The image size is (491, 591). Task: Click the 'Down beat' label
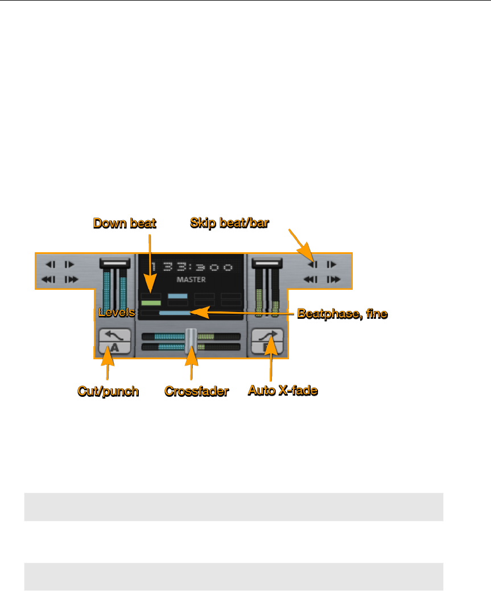[125, 223]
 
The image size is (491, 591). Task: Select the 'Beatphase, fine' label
[343, 313]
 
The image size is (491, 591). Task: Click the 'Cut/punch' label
[108, 391]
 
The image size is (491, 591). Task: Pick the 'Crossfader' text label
[196, 391]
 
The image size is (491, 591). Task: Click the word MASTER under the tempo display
[191, 280]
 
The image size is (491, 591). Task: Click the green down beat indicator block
[151, 303]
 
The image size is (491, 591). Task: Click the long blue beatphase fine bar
[174, 313]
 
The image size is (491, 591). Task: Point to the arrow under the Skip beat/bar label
[299, 241]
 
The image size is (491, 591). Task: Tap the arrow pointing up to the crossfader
[192, 364]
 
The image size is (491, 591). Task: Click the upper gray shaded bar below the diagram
[233, 507]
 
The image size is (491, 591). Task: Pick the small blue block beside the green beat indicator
[178, 296]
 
